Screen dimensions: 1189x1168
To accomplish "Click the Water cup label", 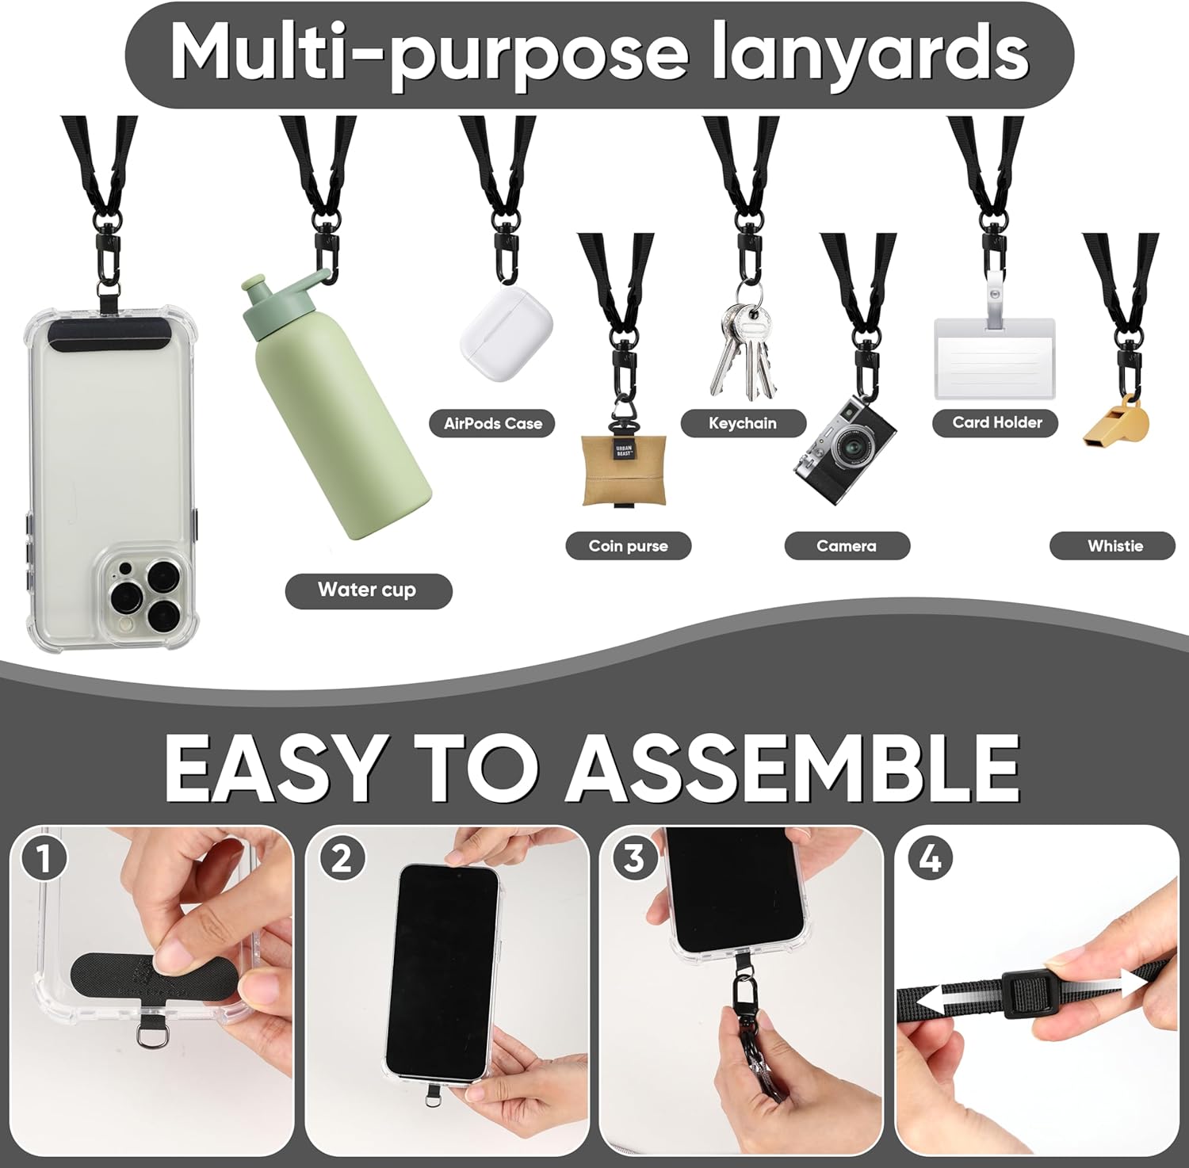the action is (x=368, y=590).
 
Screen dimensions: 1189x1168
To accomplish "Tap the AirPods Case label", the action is (x=493, y=423).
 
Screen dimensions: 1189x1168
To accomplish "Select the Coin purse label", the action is (x=628, y=546).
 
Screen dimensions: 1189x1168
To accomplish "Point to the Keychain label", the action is (x=743, y=423).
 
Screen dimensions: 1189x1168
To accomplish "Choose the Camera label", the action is (x=847, y=546).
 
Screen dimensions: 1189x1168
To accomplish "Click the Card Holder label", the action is (x=997, y=422).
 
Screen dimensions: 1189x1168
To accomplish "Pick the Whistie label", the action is (x=1114, y=546).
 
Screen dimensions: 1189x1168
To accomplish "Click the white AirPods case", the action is (x=504, y=334).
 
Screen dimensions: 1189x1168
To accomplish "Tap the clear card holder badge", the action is (x=995, y=358).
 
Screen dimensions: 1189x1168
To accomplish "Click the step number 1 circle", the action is (x=44, y=859).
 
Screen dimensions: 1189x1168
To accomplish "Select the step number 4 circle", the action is (x=931, y=859).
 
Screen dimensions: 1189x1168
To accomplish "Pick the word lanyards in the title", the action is (x=870, y=54).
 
